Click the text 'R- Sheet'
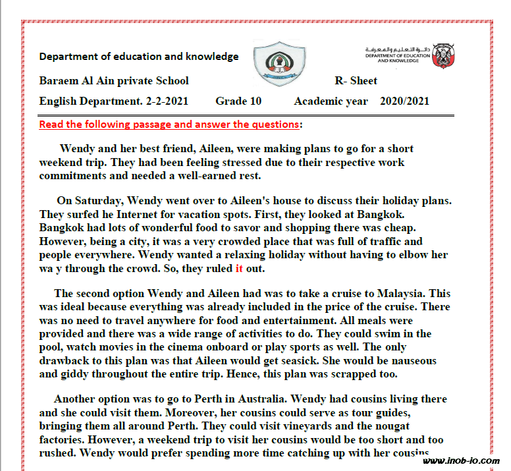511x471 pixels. tap(356, 80)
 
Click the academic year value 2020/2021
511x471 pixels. tap(404, 101)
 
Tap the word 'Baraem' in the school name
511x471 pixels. tap(60, 80)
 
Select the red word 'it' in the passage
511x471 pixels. tap(239, 269)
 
